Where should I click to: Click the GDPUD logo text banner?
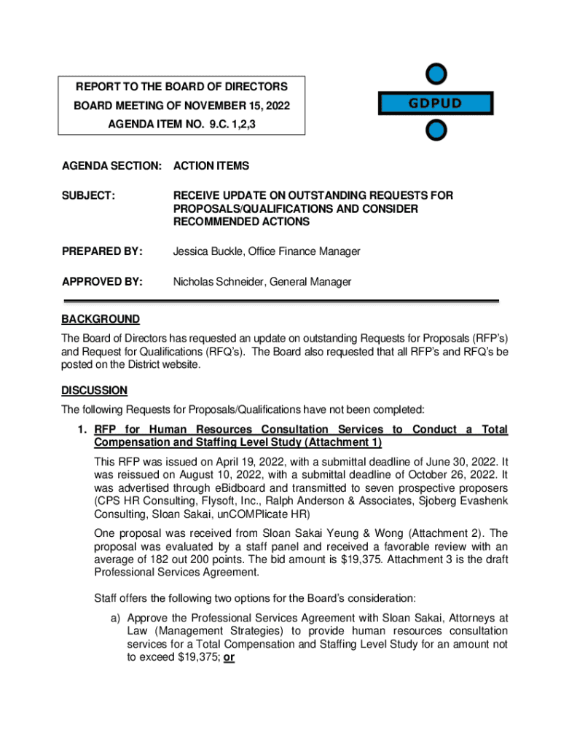pos(435,103)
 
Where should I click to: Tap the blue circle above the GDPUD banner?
pos(436,74)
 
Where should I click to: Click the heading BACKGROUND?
pos(101,319)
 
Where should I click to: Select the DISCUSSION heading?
pos(95,390)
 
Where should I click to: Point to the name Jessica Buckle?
pos(206,251)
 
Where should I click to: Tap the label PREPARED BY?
pos(101,251)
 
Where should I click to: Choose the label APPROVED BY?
pos(102,281)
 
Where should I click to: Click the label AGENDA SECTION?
pos(111,166)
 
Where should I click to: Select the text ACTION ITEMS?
pos(211,166)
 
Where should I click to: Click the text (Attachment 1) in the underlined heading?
pos(347,443)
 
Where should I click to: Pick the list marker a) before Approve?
pos(116,617)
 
